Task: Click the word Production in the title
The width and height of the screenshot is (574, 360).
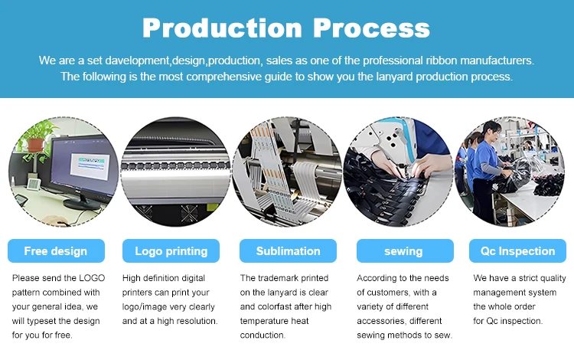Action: [x=222, y=28]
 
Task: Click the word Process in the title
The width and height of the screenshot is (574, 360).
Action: [x=371, y=28]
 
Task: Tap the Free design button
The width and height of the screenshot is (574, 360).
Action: [x=56, y=251]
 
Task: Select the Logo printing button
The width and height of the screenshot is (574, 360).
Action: [x=171, y=251]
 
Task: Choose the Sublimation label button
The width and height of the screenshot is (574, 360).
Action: [x=288, y=251]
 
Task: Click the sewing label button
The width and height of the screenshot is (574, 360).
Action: [x=405, y=251]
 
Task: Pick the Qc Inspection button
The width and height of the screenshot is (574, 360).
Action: [x=517, y=251]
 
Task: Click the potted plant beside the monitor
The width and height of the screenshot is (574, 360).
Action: [x=37, y=141]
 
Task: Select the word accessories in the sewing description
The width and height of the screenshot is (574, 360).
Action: [x=381, y=321]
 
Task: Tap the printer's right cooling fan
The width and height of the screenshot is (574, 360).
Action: [x=190, y=213]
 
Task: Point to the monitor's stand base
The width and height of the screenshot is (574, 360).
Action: [x=81, y=205]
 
